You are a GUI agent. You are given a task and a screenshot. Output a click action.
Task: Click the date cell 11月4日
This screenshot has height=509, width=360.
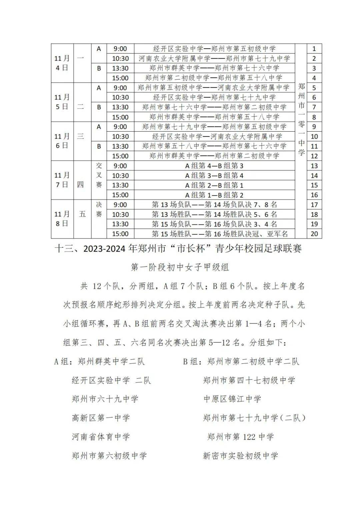tap(62, 63)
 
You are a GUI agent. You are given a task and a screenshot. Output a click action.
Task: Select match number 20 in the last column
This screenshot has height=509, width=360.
tap(314, 234)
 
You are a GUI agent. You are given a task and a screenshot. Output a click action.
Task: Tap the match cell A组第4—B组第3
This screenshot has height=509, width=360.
tap(214, 166)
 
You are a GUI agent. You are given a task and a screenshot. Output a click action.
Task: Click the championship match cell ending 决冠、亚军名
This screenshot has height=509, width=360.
tap(220, 234)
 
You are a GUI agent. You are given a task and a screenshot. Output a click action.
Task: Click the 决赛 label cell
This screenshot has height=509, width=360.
tap(99, 209)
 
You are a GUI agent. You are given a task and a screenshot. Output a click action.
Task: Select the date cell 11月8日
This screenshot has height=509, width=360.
tap(62, 219)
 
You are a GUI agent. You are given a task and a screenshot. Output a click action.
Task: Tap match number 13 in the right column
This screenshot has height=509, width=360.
tap(314, 166)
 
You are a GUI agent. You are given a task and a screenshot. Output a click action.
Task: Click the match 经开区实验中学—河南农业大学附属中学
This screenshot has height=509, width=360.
tap(217, 137)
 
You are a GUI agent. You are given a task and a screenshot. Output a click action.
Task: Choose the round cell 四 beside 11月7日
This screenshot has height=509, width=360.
tap(80, 185)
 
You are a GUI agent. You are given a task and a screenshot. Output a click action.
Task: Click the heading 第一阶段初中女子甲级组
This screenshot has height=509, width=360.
tap(180, 267)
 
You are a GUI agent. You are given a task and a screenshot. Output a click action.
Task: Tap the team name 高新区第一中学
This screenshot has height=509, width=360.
tap(101, 418)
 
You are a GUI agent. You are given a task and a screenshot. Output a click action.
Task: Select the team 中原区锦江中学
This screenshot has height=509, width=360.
tap(232, 399)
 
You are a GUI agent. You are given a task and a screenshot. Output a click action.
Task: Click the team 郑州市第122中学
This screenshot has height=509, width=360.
tap(240, 436)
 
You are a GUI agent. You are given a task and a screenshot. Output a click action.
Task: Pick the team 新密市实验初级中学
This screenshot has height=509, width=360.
tap(240, 456)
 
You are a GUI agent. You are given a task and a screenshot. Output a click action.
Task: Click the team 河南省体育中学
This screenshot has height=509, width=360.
tap(101, 437)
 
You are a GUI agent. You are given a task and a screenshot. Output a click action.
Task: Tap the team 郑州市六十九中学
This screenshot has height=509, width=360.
tap(105, 399)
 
